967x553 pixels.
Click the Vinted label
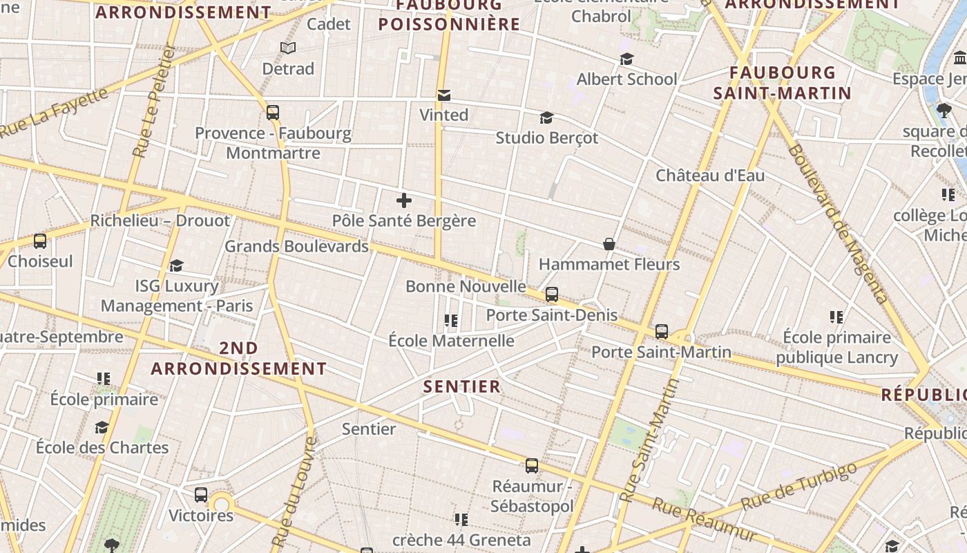(x=443, y=115)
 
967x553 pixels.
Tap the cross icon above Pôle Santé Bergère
(x=404, y=201)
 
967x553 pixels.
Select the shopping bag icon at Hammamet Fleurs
(x=609, y=244)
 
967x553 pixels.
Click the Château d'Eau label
(x=710, y=176)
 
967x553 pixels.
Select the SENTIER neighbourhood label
(x=462, y=386)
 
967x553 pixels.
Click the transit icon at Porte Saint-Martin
(x=662, y=332)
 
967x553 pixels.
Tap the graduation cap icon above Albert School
(x=626, y=59)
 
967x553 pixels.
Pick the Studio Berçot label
(x=547, y=138)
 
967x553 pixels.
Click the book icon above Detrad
(x=288, y=48)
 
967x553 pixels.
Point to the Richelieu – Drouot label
(x=160, y=221)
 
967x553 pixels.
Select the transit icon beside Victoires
(x=201, y=495)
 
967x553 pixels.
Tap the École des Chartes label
(x=102, y=447)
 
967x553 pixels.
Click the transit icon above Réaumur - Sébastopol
(x=531, y=466)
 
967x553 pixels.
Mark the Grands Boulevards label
(x=297, y=246)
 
